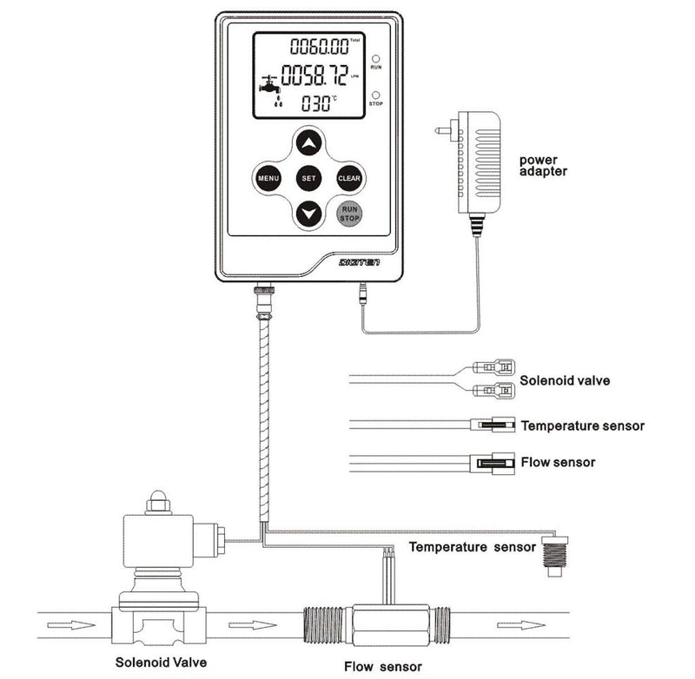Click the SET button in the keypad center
308,178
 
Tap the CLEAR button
349,178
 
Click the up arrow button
308,141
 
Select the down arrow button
308,214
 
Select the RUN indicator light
376,54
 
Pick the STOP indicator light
376,95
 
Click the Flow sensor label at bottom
383,667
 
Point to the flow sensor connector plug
491,463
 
